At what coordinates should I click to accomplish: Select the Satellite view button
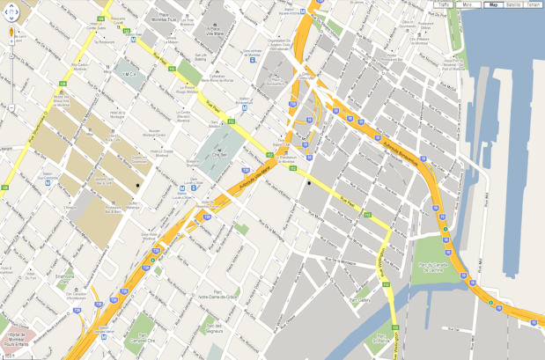[513, 4]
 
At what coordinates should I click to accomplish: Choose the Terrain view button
[534, 4]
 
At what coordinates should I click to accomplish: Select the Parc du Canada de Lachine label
[434, 266]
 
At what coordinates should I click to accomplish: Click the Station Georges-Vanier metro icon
[106, 334]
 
